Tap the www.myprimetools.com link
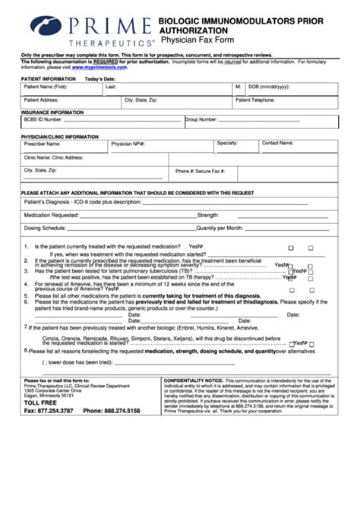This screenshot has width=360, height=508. [x=99, y=68]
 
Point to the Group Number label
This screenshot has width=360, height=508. [x=201, y=119]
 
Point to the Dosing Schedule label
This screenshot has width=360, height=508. [x=45, y=227]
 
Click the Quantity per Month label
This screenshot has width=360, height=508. [x=220, y=227]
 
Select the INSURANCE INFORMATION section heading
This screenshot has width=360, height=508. [x=52, y=112]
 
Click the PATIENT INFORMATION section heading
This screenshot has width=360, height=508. [x=49, y=79]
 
